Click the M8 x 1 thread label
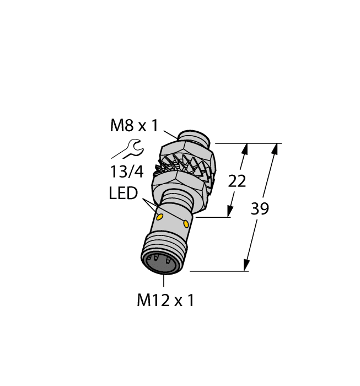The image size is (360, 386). [x=134, y=126]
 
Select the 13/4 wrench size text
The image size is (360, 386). [x=126, y=171]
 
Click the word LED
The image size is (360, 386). [x=123, y=194]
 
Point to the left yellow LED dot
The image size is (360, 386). [x=160, y=217]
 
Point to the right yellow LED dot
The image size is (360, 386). [x=186, y=223]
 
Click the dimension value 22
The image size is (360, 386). [x=237, y=181]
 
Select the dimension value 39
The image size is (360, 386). [x=260, y=210]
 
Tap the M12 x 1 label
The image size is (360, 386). [x=165, y=301]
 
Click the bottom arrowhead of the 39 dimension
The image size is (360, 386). [x=246, y=267]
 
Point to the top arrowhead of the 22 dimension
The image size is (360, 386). [x=245, y=147]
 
